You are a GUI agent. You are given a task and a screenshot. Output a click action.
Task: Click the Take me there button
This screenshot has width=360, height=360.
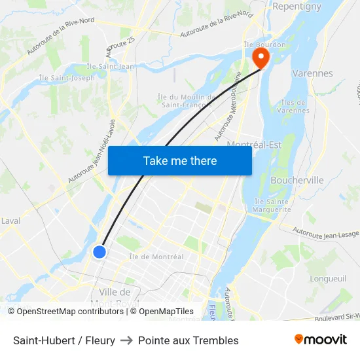(x=180, y=160)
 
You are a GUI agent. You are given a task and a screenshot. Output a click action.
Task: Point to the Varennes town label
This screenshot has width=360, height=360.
(x=312, y=73)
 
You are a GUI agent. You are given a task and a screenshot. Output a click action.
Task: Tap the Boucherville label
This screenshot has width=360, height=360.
(x=297, y=180)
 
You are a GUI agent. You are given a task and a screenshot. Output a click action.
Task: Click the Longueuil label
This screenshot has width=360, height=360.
(x=328, y=278)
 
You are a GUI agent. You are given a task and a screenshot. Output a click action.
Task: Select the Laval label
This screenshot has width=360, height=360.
(x=10, y=221)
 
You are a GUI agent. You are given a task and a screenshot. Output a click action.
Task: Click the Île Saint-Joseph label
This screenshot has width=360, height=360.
(x=67, y=78)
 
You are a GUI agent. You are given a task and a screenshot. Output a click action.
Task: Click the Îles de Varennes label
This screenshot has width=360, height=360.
(x=293, y=106)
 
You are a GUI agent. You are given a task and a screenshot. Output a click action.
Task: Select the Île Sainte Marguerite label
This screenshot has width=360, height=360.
(x=272, y=206)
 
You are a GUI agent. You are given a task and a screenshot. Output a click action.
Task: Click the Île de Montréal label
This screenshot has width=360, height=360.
(x=156, y=257)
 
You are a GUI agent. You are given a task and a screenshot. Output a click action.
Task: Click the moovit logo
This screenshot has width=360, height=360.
(x=320, y=340)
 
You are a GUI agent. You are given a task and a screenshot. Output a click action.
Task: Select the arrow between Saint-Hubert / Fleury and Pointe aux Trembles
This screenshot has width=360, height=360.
(x=126, y=340)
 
